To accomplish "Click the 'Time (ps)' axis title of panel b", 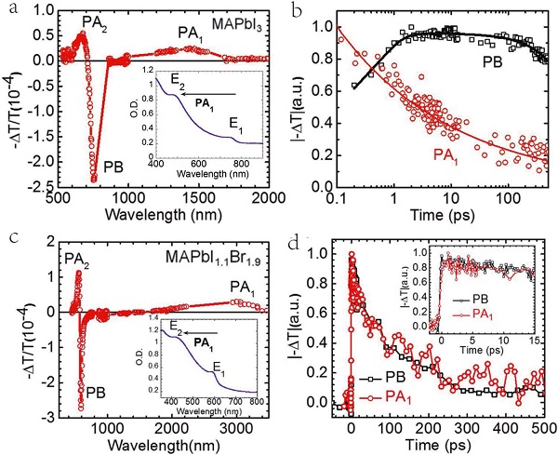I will click(440, 221).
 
